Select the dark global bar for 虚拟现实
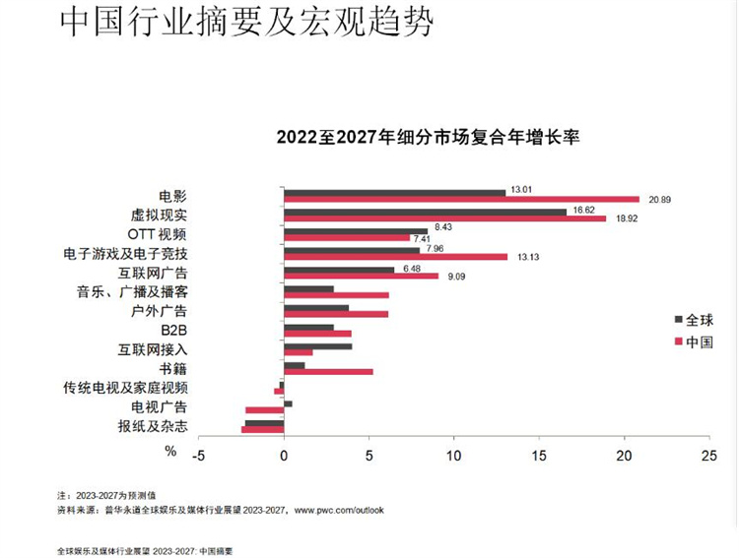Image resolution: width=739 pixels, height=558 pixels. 425,211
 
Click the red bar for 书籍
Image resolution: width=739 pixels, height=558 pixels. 328,371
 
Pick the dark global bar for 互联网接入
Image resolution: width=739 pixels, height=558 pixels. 317,345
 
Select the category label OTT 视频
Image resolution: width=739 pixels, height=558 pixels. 159,233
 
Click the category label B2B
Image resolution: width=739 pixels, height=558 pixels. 173,329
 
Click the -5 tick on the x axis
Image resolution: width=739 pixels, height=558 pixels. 198,456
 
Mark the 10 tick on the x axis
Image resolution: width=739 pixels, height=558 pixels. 453,456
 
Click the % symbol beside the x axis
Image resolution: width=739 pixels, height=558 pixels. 170,451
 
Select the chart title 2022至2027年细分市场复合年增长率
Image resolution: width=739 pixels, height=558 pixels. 427,137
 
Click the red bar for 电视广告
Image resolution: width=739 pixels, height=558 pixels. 264,409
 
